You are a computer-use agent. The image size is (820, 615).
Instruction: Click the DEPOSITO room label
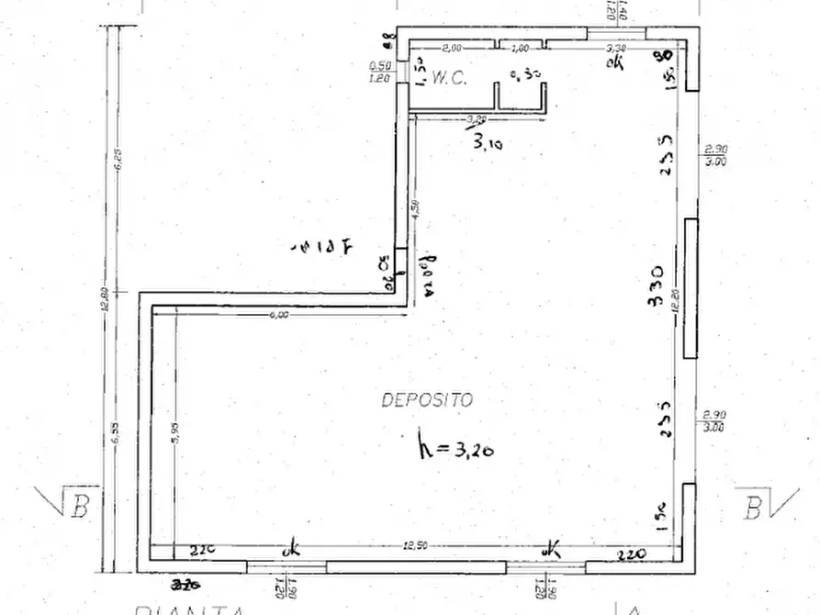pyautogui.click(x=427, y=400)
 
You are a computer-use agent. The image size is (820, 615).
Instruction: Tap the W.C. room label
pyautogui.click(x=448, y=79)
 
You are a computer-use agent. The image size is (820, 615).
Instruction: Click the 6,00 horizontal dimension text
pyautogui.click(x=279, y=315)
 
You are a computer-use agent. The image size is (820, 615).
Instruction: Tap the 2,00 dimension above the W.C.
pyautogui.click(x=452, y=49)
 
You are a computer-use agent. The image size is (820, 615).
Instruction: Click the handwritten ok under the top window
pyautogui.click(x=615, y=62)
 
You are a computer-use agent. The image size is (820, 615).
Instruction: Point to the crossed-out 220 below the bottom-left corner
pyautogui.click(x=187, y=583)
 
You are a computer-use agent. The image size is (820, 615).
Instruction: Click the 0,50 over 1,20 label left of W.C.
pyautogui.click(x=379, y=72)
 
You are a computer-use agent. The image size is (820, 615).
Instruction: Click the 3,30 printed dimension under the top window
pyautogui.click(x=617, y=49)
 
